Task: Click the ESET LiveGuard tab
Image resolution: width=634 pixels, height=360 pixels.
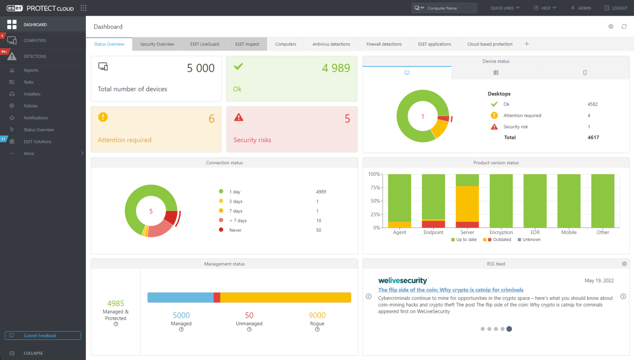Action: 205,44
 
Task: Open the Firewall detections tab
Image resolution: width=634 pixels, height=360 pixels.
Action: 384,44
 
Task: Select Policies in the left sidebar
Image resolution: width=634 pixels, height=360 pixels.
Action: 31,106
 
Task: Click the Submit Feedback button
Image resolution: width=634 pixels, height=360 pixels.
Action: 43,335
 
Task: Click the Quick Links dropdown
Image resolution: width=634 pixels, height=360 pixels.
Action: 505,8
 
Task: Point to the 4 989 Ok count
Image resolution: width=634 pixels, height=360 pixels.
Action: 335,68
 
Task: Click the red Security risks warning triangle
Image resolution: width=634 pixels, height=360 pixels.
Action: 238,118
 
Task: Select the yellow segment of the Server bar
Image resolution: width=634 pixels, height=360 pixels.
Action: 467,204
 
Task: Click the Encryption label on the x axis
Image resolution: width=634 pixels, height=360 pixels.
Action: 501,232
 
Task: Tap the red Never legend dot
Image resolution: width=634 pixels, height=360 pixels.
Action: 221,230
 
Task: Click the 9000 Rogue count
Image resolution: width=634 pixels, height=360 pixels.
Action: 317,315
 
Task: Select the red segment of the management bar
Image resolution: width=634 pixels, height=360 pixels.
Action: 217,297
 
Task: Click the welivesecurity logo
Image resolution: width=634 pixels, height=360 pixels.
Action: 403,281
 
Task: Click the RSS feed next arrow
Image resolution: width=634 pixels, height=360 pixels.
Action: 623,297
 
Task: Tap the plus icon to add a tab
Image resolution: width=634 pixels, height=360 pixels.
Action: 527,44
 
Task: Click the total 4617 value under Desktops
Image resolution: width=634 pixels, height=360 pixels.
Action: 593,137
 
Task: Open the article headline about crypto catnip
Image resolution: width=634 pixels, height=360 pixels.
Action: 450,290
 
